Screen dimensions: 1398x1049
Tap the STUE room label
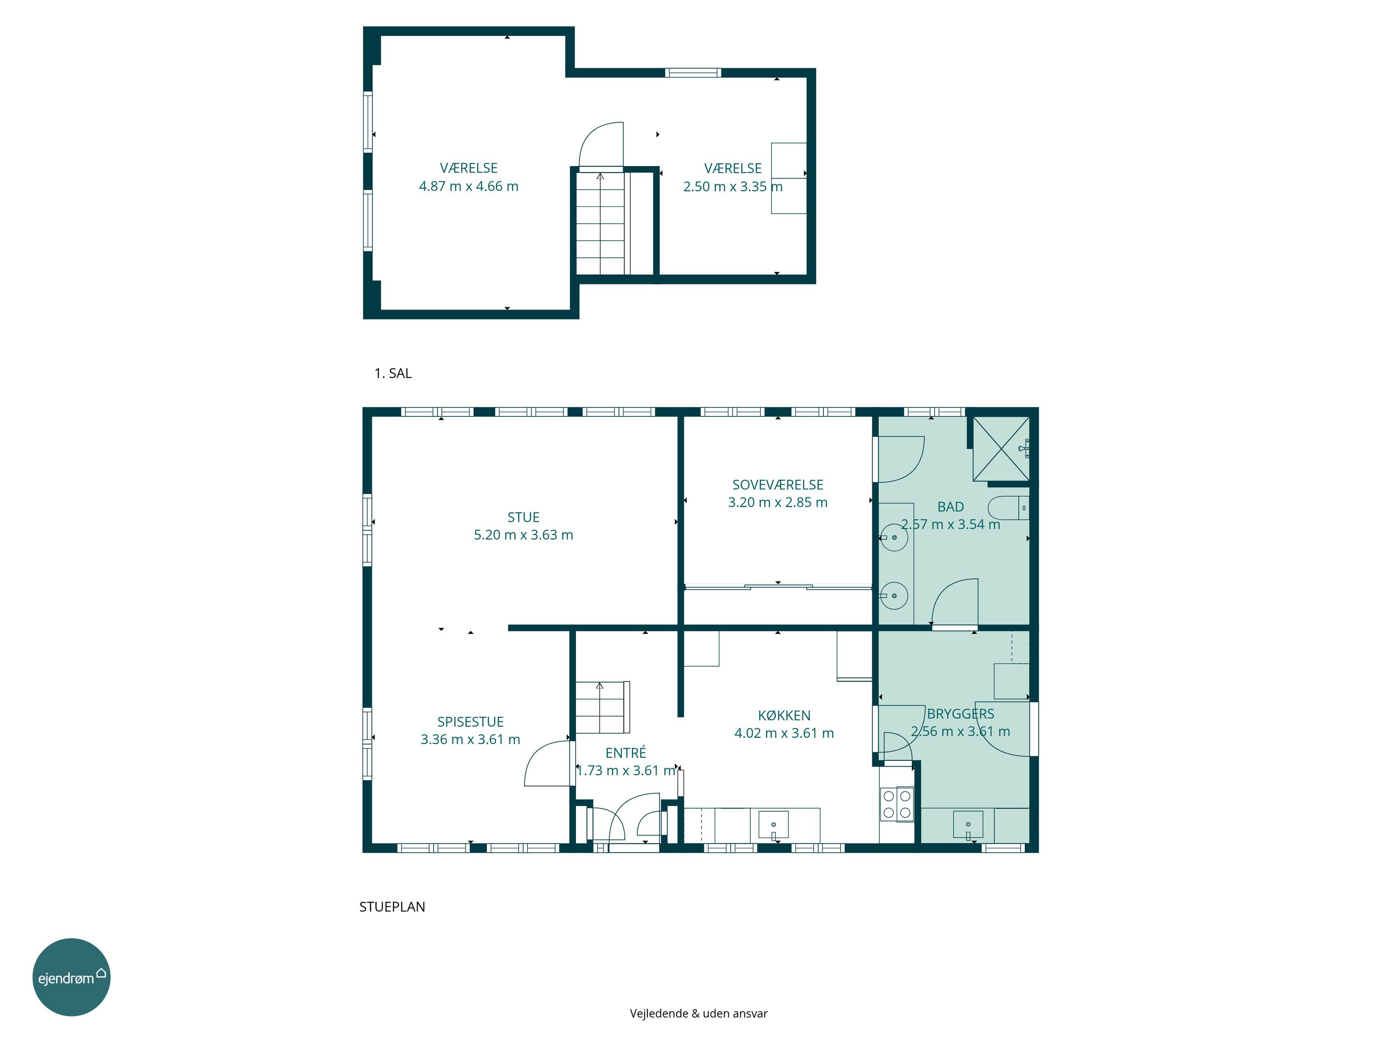click(x=523, y=517)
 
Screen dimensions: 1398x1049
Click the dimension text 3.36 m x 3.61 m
click(x=470, y=739)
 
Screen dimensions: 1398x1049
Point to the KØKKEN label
click(x=784, y=715)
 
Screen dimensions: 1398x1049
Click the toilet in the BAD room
click(x=1008, y=508)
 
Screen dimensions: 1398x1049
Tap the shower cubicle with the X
click(x=1001, y=449)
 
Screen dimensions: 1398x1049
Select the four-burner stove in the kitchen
click(x=897, y=804)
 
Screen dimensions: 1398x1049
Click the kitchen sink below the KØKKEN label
click(x=773, y=825)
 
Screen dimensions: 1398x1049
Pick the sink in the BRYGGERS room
click(x=968, y=825)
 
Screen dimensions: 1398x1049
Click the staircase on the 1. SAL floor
click(x=600, y=223)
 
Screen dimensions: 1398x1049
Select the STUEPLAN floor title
click(x=392, y=907)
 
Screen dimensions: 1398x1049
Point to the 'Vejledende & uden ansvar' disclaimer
click(x=699, y=1014)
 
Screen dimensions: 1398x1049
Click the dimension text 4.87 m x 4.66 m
click(x=468, y=186)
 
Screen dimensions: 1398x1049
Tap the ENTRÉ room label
click(x=626, y=752)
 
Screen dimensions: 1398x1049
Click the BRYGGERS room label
click(x=960, y=714)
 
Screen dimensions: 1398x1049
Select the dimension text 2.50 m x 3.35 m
click(x=733, y=186)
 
